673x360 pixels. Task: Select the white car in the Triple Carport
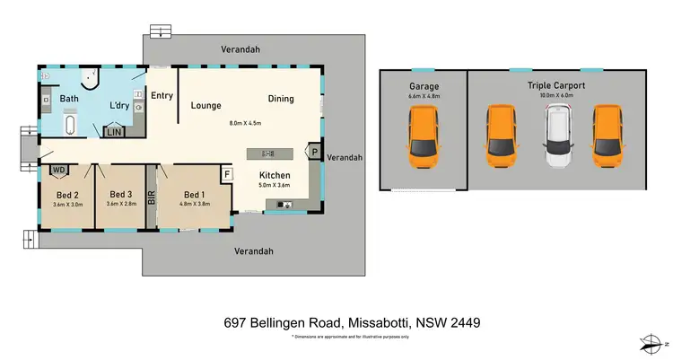click(x=559, y=136)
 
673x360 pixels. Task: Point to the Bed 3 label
click(x=121, y=194)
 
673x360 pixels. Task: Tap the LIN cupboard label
click(x=115, y=132)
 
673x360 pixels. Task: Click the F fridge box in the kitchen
click(x=227, y=173)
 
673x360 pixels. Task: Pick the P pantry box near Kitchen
click(x=315, y=153)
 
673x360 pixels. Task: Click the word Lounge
click(x=205, y=106)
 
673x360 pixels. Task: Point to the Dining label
click(x=280, y=99)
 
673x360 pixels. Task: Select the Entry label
click(x=162, y=96)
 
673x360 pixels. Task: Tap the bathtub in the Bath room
click(x=71, y=124)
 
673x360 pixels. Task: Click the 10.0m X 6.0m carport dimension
click(x=556, y=95)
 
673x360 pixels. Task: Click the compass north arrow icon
click(x=649, y=341)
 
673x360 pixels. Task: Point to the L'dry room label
click(x=118, y=106)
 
